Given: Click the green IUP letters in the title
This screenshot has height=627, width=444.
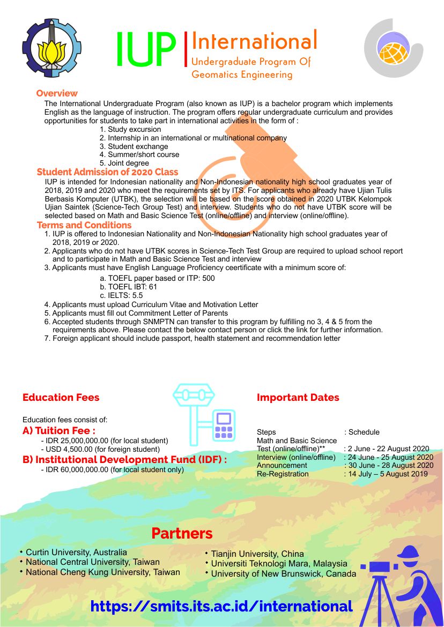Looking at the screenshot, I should point(146,50).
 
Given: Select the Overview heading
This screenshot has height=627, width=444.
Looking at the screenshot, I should point(57,93).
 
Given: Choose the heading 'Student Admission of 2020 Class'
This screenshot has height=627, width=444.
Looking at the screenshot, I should point(107,172).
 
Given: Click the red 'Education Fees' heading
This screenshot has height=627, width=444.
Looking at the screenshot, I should point(61,398).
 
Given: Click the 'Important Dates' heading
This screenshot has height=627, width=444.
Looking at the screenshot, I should point(298,398).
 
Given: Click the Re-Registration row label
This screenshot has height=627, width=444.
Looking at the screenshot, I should point(283,474).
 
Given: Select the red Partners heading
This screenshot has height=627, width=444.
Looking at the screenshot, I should point(182,533).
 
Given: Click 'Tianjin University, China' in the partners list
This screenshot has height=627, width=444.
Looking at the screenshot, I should point(257,554).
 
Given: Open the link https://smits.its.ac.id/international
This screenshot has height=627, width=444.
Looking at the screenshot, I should point(221,606).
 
